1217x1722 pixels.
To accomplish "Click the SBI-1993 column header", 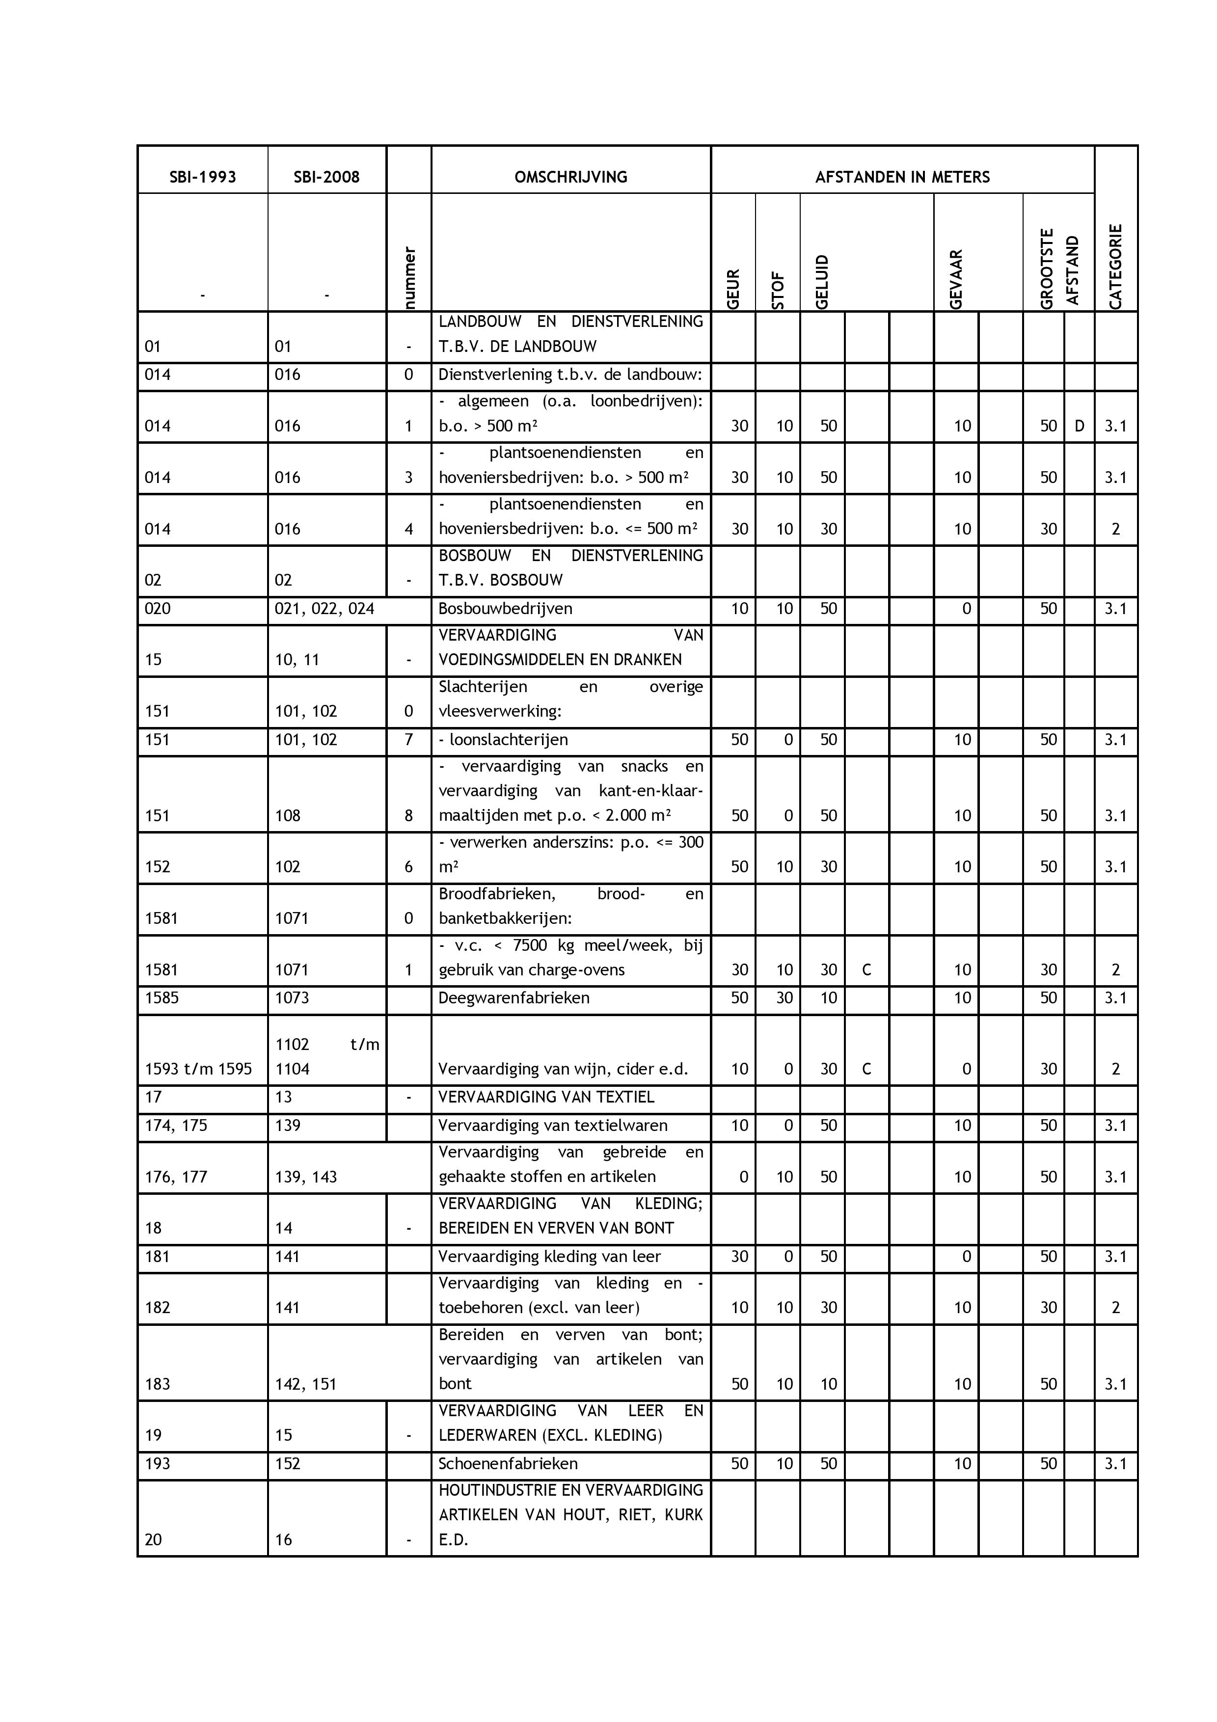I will pyautogui.click(x=202, y=177).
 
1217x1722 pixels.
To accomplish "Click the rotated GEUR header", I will pyautogui.click(x=733, y=289).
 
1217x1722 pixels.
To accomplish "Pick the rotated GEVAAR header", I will pyautogui.click(x=956, y=279).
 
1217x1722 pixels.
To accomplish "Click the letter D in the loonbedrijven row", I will pyautogui.click(x=1079, y=426).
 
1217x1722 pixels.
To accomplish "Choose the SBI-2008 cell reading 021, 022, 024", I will pyautogui.click(x=325, y=608).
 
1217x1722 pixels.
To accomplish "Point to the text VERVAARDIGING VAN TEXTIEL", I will pyautogui.click(x=546, y=1097).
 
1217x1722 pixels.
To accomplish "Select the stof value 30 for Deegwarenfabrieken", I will pyautogui.click(x=784, y=997).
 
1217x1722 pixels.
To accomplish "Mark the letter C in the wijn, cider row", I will pyautogui.click(x=867, y=1069).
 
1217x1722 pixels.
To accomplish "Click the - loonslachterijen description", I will pyautogui.click(x=503, y=739).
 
